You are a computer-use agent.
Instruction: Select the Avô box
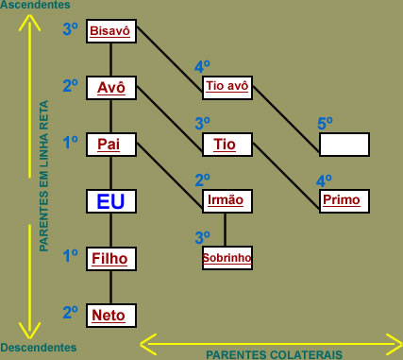click(x=111, y=88)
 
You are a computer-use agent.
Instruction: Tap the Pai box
click(x=111, y=145)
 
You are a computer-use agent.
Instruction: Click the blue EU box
click(x=111, y=201)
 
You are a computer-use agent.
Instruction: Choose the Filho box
click(x=111, y=258)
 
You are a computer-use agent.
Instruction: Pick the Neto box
click(x=111, y=315)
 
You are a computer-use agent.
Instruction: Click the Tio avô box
click(x=227, y=88)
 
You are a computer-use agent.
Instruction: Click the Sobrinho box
click(x=227, y=257)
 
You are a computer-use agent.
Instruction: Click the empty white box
click(x=344, y=145)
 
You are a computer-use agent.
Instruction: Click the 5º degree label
click(x=325, y=124)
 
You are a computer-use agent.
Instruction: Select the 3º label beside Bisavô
click(x=71, y=29)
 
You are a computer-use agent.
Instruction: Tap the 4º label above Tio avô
click(x=202, y=67)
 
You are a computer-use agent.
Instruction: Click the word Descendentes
click(x=39, y=348)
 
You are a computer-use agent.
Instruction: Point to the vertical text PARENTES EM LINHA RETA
click(x=44, y=180)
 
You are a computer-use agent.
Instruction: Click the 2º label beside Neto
click(x=71, y=311)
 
